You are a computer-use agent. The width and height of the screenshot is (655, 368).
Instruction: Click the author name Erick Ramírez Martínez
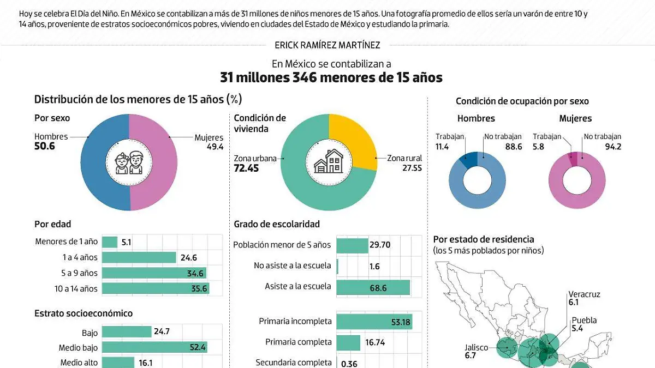pyautogui.click(x=327, y=45)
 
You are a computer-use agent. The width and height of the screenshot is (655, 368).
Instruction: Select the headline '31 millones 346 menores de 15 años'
pyautogui.click(x=331, y=77)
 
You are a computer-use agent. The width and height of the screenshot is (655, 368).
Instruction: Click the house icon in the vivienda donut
pyautogui.click(x=329, y=162)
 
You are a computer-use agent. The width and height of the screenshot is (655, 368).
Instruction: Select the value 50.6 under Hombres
pyautogui.click(x=45, y=147)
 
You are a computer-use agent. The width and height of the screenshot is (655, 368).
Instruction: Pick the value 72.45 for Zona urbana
pyautogui.click(x=246, y=168)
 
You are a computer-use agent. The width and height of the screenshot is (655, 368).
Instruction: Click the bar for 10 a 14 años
pyautogui.click(x=156, y=289)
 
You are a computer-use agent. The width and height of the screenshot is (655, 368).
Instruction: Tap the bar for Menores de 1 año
pyautogui.click(x=110, y=242)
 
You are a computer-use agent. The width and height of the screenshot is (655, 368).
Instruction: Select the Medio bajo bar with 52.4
pyautogui.click(x=154, y=347)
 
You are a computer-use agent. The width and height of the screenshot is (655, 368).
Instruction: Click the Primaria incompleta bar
pyautogui.click(x=374, y=322)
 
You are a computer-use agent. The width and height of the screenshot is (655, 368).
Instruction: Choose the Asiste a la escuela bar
pyautogui.click(x=373, y=287)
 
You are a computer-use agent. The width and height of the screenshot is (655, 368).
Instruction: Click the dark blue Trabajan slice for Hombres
pyautogui.click(x=469, y=159)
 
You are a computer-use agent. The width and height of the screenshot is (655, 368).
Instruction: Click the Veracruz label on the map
pyautogui.click(x=584, y=294)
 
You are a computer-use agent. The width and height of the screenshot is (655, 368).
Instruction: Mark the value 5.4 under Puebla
pyautogui.click(x=577, y=329)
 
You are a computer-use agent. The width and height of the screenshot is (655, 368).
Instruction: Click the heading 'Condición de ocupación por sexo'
pyautogui.click(x=522, y=101)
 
